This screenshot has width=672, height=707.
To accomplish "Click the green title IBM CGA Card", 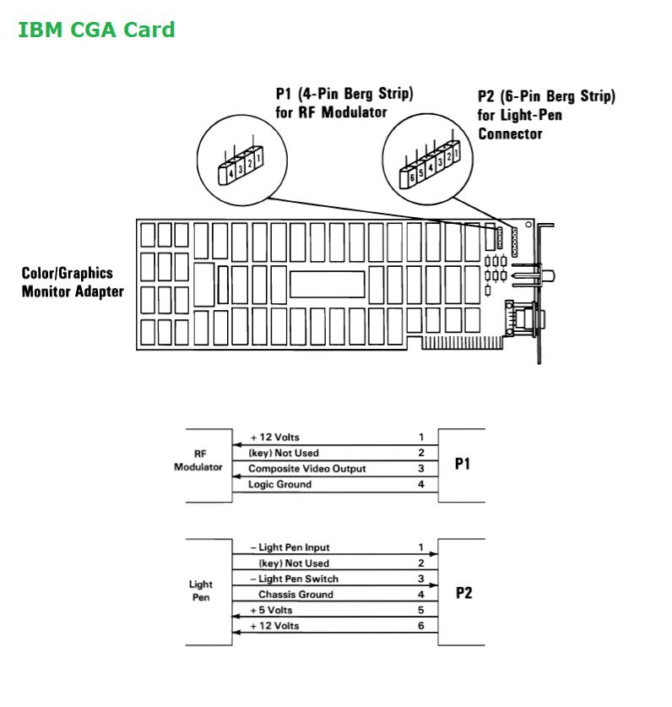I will tap(96, 30).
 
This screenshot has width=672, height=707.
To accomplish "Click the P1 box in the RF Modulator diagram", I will tap(462, 465).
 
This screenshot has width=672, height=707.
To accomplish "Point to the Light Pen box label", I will tap(201, 590).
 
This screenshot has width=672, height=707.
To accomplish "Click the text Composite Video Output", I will tap(306, 469).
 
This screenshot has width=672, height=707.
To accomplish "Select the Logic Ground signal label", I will tap(279, 484).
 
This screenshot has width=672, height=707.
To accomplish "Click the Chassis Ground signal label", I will tap(295, 594).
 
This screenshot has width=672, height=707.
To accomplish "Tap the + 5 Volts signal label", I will tap(271, 610).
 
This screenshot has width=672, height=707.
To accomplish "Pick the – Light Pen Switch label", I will tap(294, 579).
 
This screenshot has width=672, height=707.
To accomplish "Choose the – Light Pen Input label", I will tap(290, 547).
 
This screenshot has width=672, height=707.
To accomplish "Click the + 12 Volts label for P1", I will tap(274, 438).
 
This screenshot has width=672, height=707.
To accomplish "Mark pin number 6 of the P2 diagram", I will tap(420, 625).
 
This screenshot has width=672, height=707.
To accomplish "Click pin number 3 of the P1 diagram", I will tap(420, 469).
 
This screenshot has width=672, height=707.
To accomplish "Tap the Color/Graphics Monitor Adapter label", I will tap(73, 282).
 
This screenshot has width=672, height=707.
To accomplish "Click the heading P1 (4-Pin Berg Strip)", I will tap(344, 94).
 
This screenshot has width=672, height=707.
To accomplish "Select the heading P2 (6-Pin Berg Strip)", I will tap(546, 96).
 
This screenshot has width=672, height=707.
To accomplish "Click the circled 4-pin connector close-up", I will tap(242, 158).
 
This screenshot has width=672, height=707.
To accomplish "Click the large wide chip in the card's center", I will tap(327, 284).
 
